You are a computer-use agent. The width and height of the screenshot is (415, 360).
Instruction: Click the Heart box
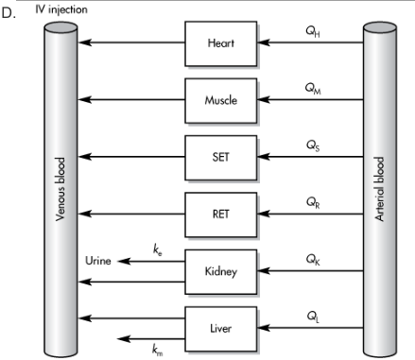[x=220, y=43]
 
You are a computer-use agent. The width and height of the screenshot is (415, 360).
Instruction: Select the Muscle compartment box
[x=220, y=100]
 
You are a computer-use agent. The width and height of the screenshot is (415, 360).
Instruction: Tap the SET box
[x=220, y=158]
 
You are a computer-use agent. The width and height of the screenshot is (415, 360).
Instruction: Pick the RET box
[x=220, y=214]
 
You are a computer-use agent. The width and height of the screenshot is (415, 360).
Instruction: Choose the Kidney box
[x=220, y=271]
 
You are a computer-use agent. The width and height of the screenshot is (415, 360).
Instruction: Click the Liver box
[x=220, y=329]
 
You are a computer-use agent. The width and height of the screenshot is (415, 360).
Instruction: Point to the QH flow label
[x=313, y=31]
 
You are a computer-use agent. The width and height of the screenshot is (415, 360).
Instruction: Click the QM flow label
[x=313, y=88]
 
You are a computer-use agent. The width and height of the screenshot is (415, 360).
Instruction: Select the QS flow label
[x=313, y=146]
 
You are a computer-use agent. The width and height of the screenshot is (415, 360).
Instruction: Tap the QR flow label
[x=313, y=202]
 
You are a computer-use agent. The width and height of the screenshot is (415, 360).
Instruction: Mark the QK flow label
[x=313, y=260]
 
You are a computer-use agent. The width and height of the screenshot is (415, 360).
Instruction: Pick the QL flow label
[x=313, y=317]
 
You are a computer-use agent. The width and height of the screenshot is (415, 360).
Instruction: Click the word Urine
[x=98, y=261]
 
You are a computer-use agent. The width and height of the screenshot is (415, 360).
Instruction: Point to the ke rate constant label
[x=158, y=250]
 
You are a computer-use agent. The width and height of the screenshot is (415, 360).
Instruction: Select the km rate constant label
[x=157, y=350]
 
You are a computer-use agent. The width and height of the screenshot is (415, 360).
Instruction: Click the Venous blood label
[x=61, y=189]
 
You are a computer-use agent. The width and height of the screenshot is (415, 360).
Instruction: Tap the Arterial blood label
[x=379, y=189]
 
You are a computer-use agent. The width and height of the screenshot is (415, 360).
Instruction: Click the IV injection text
[x=61, y=9]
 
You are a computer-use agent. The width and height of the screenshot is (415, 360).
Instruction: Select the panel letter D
[x=9, y=13]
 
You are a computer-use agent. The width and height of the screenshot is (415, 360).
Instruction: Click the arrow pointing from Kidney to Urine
[x=151, y=261]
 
